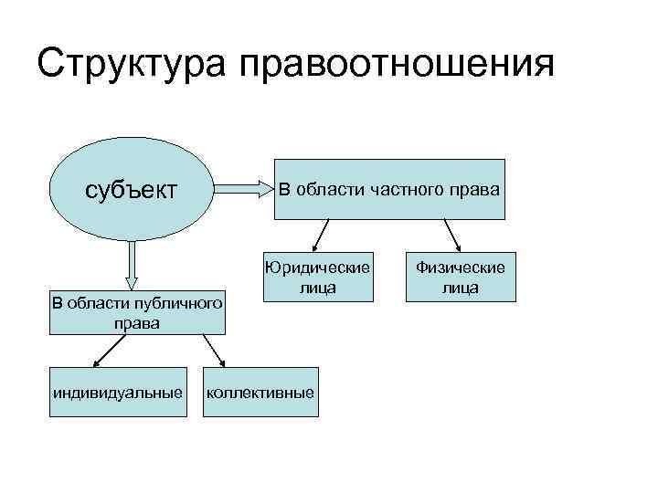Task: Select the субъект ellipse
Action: click(130, 190)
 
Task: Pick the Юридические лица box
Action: click(316, 277)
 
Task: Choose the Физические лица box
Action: click(461, 277)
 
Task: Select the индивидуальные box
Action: click(116, 393)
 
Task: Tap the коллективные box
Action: click(261, 393)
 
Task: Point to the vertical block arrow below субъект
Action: click(132, 265)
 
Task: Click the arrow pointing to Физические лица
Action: click(451, 235)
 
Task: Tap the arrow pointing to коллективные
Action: click(212, 351)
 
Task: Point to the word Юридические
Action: click(316, 267)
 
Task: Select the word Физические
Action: click(461, 267)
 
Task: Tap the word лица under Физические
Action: click(461, 288)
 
